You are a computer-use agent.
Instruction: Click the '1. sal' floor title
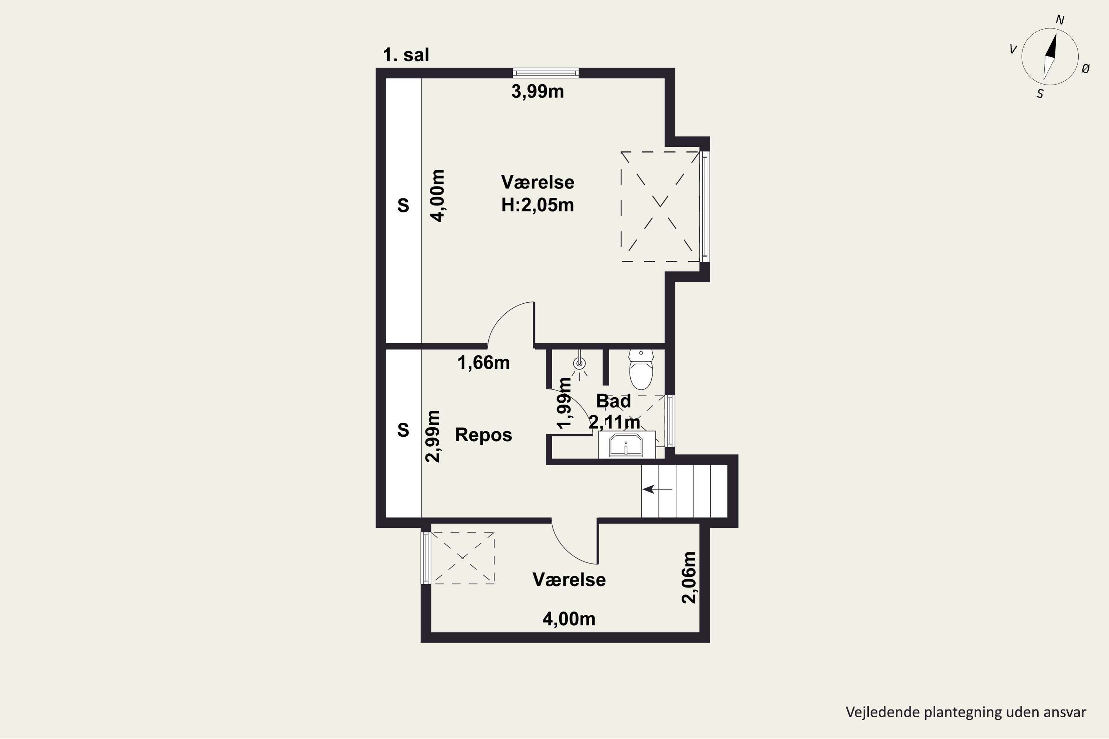pyautogui.click(x=406, y=55)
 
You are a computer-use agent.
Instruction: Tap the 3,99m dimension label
pyautogui.click(x=537, y=91)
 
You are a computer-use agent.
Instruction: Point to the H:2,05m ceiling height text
pyautogui.click(x=537, y=205)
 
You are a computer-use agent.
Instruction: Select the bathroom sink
pyautogui.click(x=626, y=445)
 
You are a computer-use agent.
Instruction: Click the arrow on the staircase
pyautogui.click(x=657, y=489)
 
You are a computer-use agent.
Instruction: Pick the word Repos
pyautogui.click(x=483, y=435)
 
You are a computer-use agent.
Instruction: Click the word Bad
pyautogui.click(x=613, y=401)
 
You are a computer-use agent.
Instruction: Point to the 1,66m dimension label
pyautogui.click(x=484, y=362)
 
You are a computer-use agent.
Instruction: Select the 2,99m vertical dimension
pyautogui.click(x=433, y=436)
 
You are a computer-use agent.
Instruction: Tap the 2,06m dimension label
pyautogui.click(x=689, y=577)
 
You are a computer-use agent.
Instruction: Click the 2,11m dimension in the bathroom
pyautogui.click(x=614, y=422)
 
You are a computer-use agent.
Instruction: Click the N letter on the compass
pyautogui.click(x=1059, y=20)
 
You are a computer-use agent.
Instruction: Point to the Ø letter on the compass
pyautogui.click(x=1085, y=69)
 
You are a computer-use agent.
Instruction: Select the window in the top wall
pyautogui.click(x=546, y=73)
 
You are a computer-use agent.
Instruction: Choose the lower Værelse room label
pyautogui.click(x=569, y=580)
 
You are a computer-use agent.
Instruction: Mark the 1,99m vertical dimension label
pyautogui.click(x=564, y=404)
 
